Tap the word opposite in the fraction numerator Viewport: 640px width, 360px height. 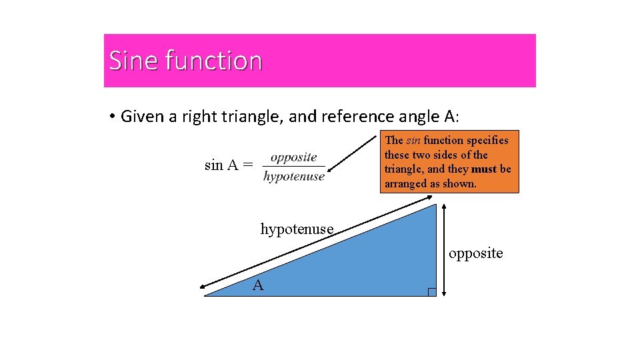[293, 157]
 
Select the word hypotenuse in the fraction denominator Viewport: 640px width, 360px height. [294, 176]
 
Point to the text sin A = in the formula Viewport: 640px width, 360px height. [229, 165]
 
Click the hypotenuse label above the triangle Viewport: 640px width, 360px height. [297, 229]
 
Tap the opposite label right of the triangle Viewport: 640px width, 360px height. [476, 253]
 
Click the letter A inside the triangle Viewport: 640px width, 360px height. [258, 286]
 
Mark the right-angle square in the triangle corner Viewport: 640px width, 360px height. [431, 292]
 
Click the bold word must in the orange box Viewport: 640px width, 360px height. [484, 169]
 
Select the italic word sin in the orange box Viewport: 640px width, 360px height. [413, 140]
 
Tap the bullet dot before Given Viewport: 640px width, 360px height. [113, 117]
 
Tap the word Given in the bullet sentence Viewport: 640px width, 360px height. [143, 117]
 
